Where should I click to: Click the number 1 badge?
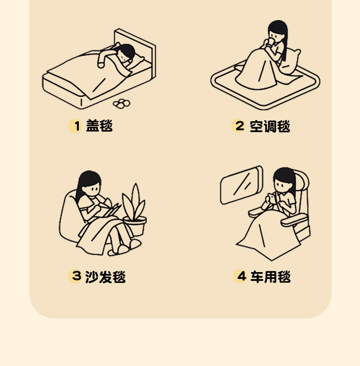[75, 126]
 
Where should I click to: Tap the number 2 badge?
[238, 126]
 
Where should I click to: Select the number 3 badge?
[75, 276]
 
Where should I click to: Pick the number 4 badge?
[240, 276]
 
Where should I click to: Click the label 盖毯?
[99, 126]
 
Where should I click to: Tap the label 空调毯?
[270, 126]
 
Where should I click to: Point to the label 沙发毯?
[105, 277]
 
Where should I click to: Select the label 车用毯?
[271, 277]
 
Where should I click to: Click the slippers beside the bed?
[121, 103]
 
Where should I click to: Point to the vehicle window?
[242, 185]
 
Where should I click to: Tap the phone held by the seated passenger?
[272, 198]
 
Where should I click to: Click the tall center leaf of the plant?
[135, 200]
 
